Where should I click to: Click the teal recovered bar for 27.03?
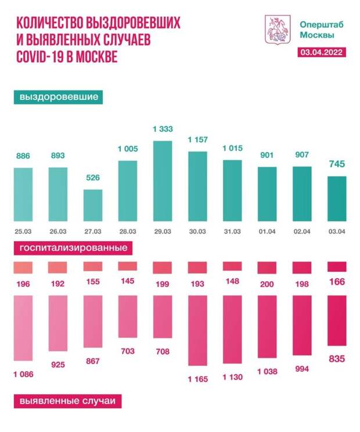[93, 206]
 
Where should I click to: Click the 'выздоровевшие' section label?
[58, 97]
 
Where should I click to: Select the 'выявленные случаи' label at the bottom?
[65, 401]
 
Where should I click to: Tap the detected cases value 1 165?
[197, 379]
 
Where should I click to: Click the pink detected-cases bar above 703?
[128, 326]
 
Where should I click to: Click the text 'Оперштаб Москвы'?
[317, 30]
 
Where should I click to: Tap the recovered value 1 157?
[197, 140]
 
